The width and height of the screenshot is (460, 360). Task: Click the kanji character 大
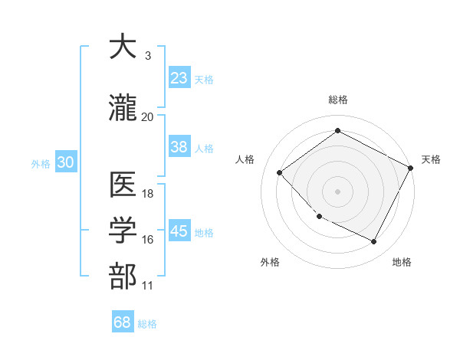(123, 47)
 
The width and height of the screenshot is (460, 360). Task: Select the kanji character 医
(123, 185)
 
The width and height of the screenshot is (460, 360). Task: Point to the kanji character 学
(123, 231)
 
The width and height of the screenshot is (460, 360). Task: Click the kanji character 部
(123, 277)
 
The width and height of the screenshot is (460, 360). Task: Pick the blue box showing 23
(179, 78)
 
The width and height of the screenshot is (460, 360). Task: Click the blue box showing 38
(179, 147)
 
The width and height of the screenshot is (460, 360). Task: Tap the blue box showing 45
(179, 231)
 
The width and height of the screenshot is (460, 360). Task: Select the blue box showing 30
(65, 162)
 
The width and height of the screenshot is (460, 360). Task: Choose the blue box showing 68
(123, 322)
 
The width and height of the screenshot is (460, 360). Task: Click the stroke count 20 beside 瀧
(147, 116)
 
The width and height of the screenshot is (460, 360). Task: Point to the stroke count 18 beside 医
(148, 194)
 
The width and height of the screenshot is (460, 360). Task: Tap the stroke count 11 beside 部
(147, 286)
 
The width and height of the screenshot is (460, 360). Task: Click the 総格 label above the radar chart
(338, 100)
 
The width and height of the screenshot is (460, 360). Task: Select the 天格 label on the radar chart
(431, 159)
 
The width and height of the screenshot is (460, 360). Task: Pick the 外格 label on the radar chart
(270, 263)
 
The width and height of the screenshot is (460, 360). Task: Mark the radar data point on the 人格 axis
(280, 173)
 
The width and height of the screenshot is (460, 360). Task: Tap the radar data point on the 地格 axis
(374, 242)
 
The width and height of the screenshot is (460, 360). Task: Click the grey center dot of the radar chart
(338, 191)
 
